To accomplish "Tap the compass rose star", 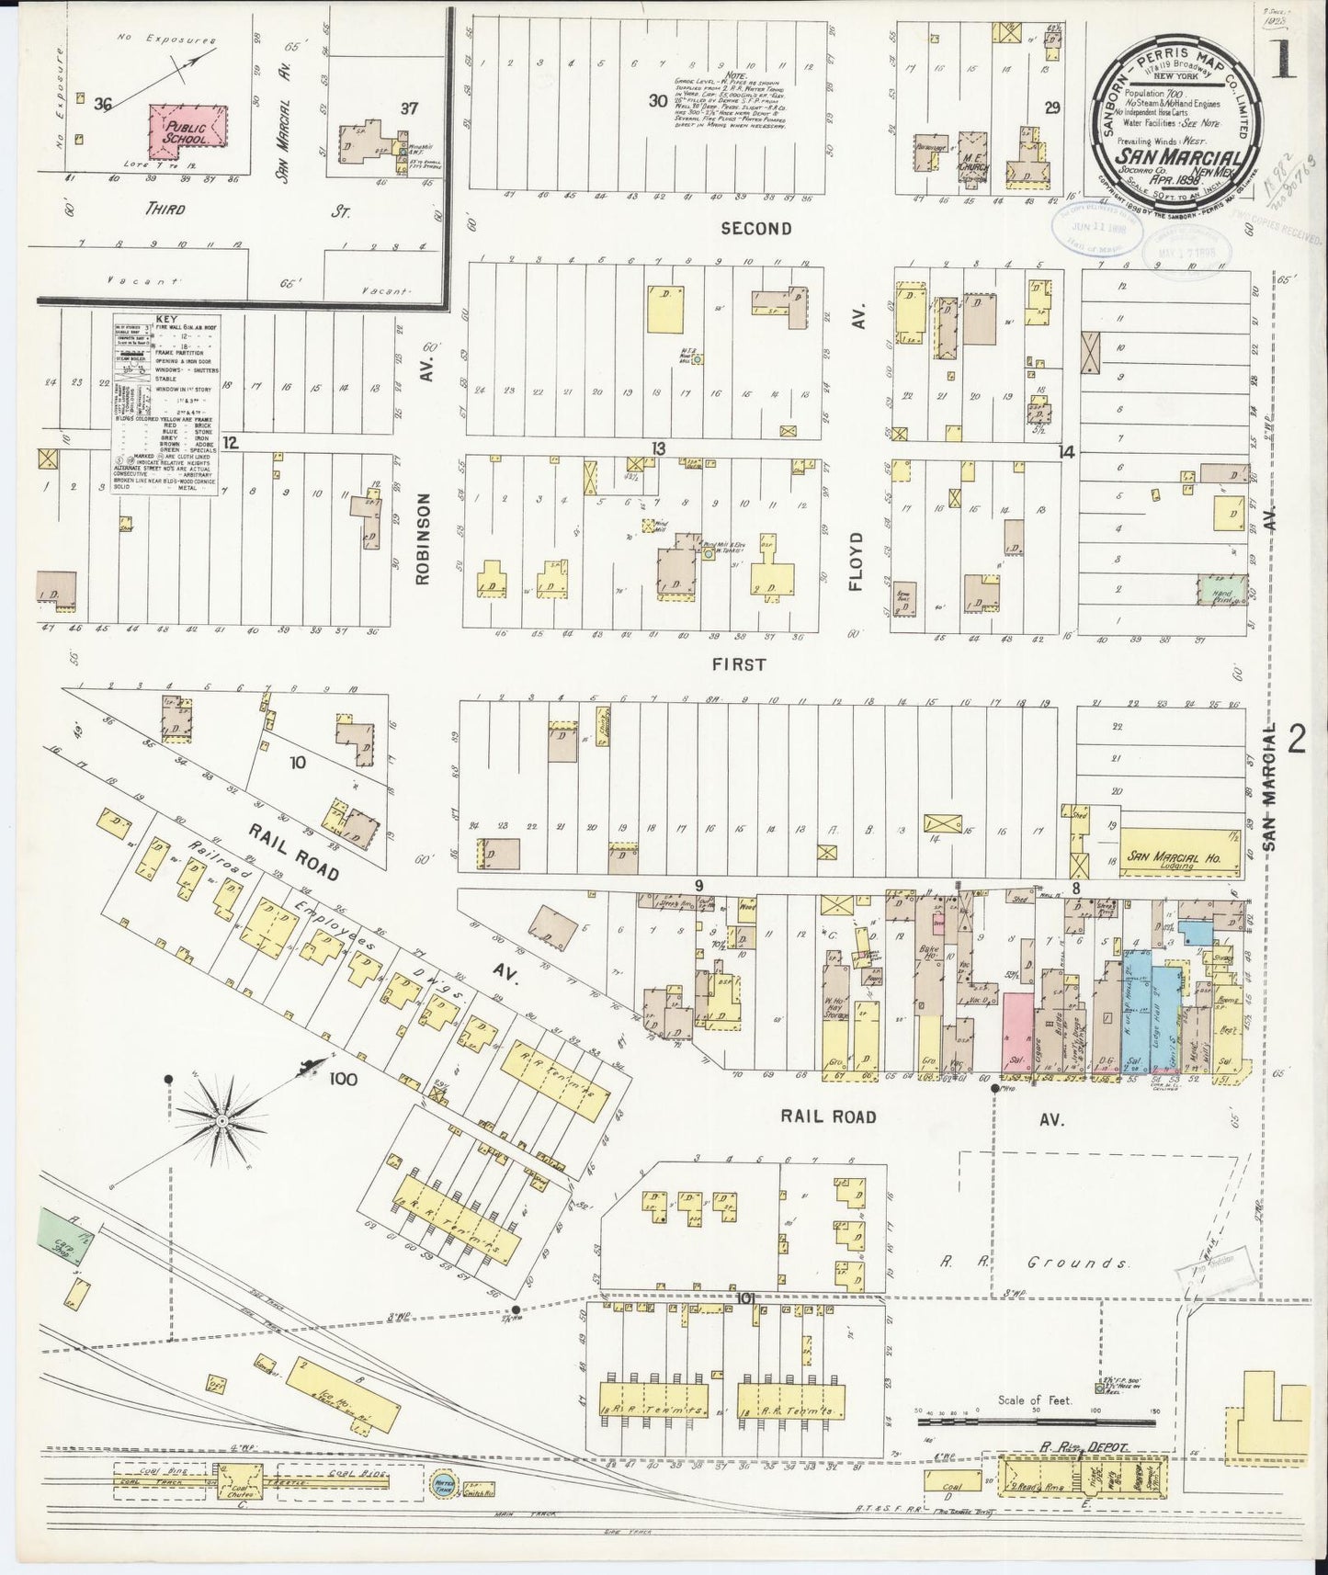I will click(x=221, y=1122).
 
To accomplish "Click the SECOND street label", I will click(x=755, y=228).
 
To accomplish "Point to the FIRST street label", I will click(x=738, y=664).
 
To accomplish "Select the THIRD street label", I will click(x=165, y=209).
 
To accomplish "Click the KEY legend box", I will click(x=165, y=404).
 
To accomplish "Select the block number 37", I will click(x=409, y=108).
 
